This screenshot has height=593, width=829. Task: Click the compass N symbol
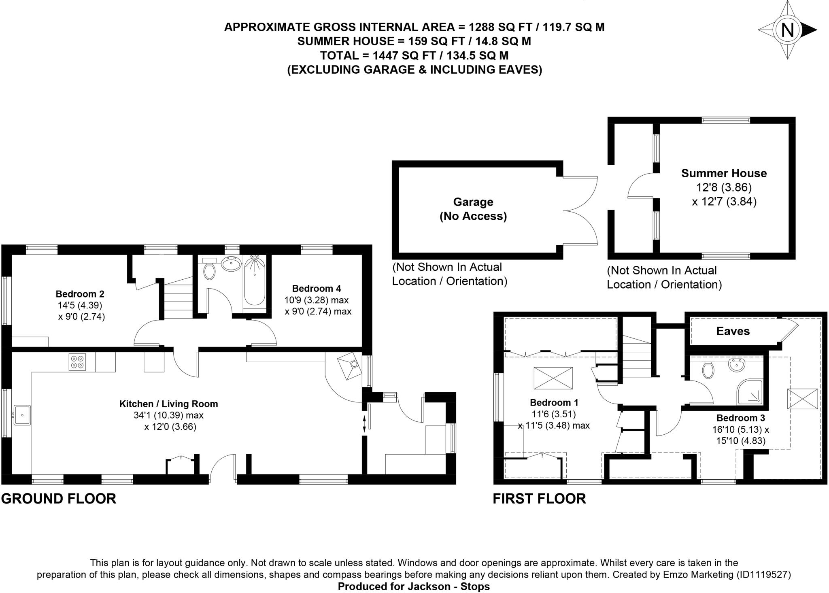pyautogui.click(x=787, y=30)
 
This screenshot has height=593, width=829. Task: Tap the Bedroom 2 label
pyautogui.click(x=80, y=294)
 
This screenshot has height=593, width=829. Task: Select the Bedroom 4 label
pyautogui.click(x=316, y=289)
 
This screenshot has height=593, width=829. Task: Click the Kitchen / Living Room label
pyautogui.click(x=168, y=404)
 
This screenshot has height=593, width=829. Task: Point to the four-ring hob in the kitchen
pyautogui.click(x=77, y=362)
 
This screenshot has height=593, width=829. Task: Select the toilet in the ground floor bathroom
pyautogui.click(x=209, y=271)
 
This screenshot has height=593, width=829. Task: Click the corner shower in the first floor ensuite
pyautogui.click(x=750, y=391)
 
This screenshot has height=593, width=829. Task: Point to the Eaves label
pyautogui.click(x=733, y=332)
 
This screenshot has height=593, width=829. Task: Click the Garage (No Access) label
pyautogui.click(x=473, y=209)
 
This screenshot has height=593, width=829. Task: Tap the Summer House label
pyautogui.click(x=724, y=174)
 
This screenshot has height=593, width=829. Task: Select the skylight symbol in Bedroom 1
pyautogui.click(x=553, y=378)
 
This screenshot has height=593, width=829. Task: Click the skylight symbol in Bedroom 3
pyautogui.click(x=802, y=399)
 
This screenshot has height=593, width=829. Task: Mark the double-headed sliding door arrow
pyautogui.click(x=364, y=424)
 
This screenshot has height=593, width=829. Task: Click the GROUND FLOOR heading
pyautogui.click(x=59, y=499)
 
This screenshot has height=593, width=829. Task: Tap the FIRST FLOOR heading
pyautogui.click(x=539, y=499)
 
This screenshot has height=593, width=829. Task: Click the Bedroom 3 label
pyautogui.click(x=740, y=418)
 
